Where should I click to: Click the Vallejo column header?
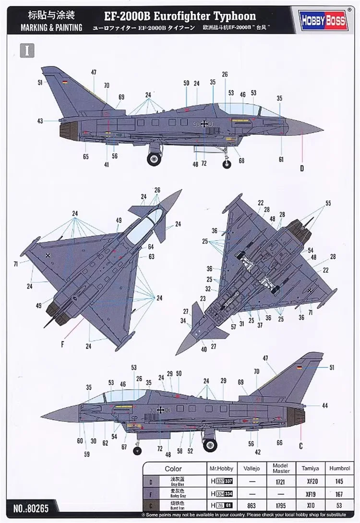(251, 468)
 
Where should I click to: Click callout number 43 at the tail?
(40, 121)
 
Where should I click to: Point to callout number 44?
(325, 406)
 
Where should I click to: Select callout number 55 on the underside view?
(328, 203)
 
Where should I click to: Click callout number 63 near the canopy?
(151, 257)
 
